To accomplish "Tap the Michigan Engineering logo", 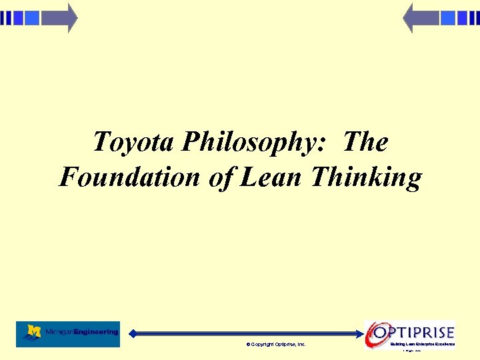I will pyautogui.click(x=68, y=333).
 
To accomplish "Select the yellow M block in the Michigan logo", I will pyautogui.click(x=33, y=331).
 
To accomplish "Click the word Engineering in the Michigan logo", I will pyautogui.click(x=97, y=331).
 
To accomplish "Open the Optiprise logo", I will pyautogui.click(x=411, y=333).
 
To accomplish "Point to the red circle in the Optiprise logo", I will pyautogui.click(x=376, y=333).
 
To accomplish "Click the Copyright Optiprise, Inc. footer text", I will pyautogui.click(x=276, y=344).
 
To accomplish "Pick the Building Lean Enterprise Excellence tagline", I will pyautogui.click(x=423, y=344).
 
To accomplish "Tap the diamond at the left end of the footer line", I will pyautogui.click(x=133, y=333).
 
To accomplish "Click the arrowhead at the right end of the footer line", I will pyautogui.click(x=361, y=333).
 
